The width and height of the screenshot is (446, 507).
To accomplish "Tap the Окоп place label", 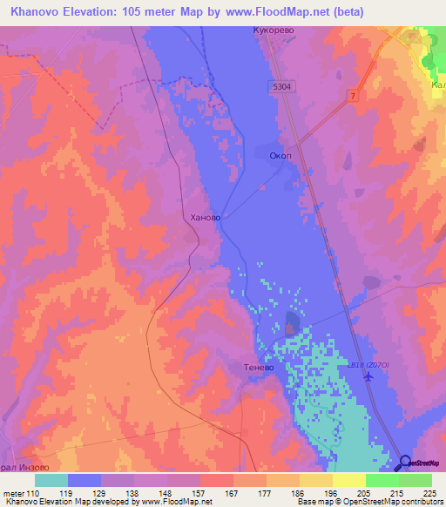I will pos(280,157).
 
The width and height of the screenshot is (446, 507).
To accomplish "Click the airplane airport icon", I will pos(370,377).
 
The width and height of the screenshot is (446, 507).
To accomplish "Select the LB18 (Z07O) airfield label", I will pos(368,363).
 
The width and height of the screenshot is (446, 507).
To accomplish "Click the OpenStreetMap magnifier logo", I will pos(403,463).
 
